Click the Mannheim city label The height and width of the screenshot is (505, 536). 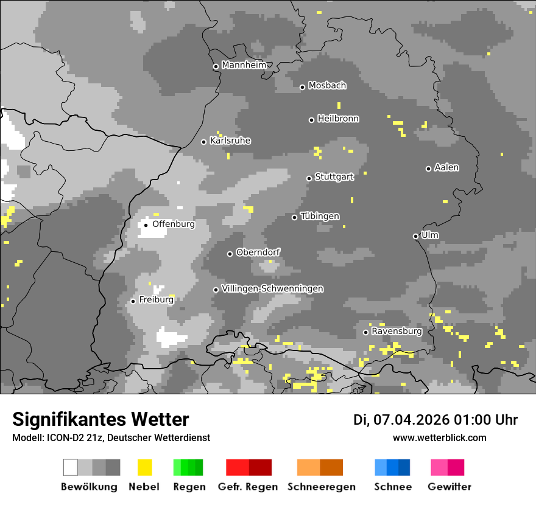[x=244, y=65]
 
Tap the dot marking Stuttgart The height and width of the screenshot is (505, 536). [x=309, y=178]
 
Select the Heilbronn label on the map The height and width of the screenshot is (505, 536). [x=338, y=119]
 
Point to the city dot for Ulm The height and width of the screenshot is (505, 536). [x=416, y=236]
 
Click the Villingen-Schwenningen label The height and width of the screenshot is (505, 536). [x=272, y=288]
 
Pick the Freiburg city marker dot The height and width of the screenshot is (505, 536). [x=133, y=301]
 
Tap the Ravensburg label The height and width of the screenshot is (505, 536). [x=397, y=332]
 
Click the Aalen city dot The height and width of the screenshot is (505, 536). [x=429, y=169]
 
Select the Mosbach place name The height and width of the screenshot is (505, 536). [x=327, y=86]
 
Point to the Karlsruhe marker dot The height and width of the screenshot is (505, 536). [x=204, y=142]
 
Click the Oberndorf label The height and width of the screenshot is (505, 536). [x=258, y=252]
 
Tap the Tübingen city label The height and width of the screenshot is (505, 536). [x=320, y=217]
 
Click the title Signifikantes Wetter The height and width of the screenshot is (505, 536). [x=100, y=420]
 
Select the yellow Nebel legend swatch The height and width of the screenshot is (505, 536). [x=144, y=467]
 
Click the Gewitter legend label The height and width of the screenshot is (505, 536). [x=450, y=487]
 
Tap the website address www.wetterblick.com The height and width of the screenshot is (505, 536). [x=439, y=438]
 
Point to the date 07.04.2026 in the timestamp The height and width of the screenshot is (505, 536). [x=412, y=420]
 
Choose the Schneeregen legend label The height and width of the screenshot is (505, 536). [x=322, y=487]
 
